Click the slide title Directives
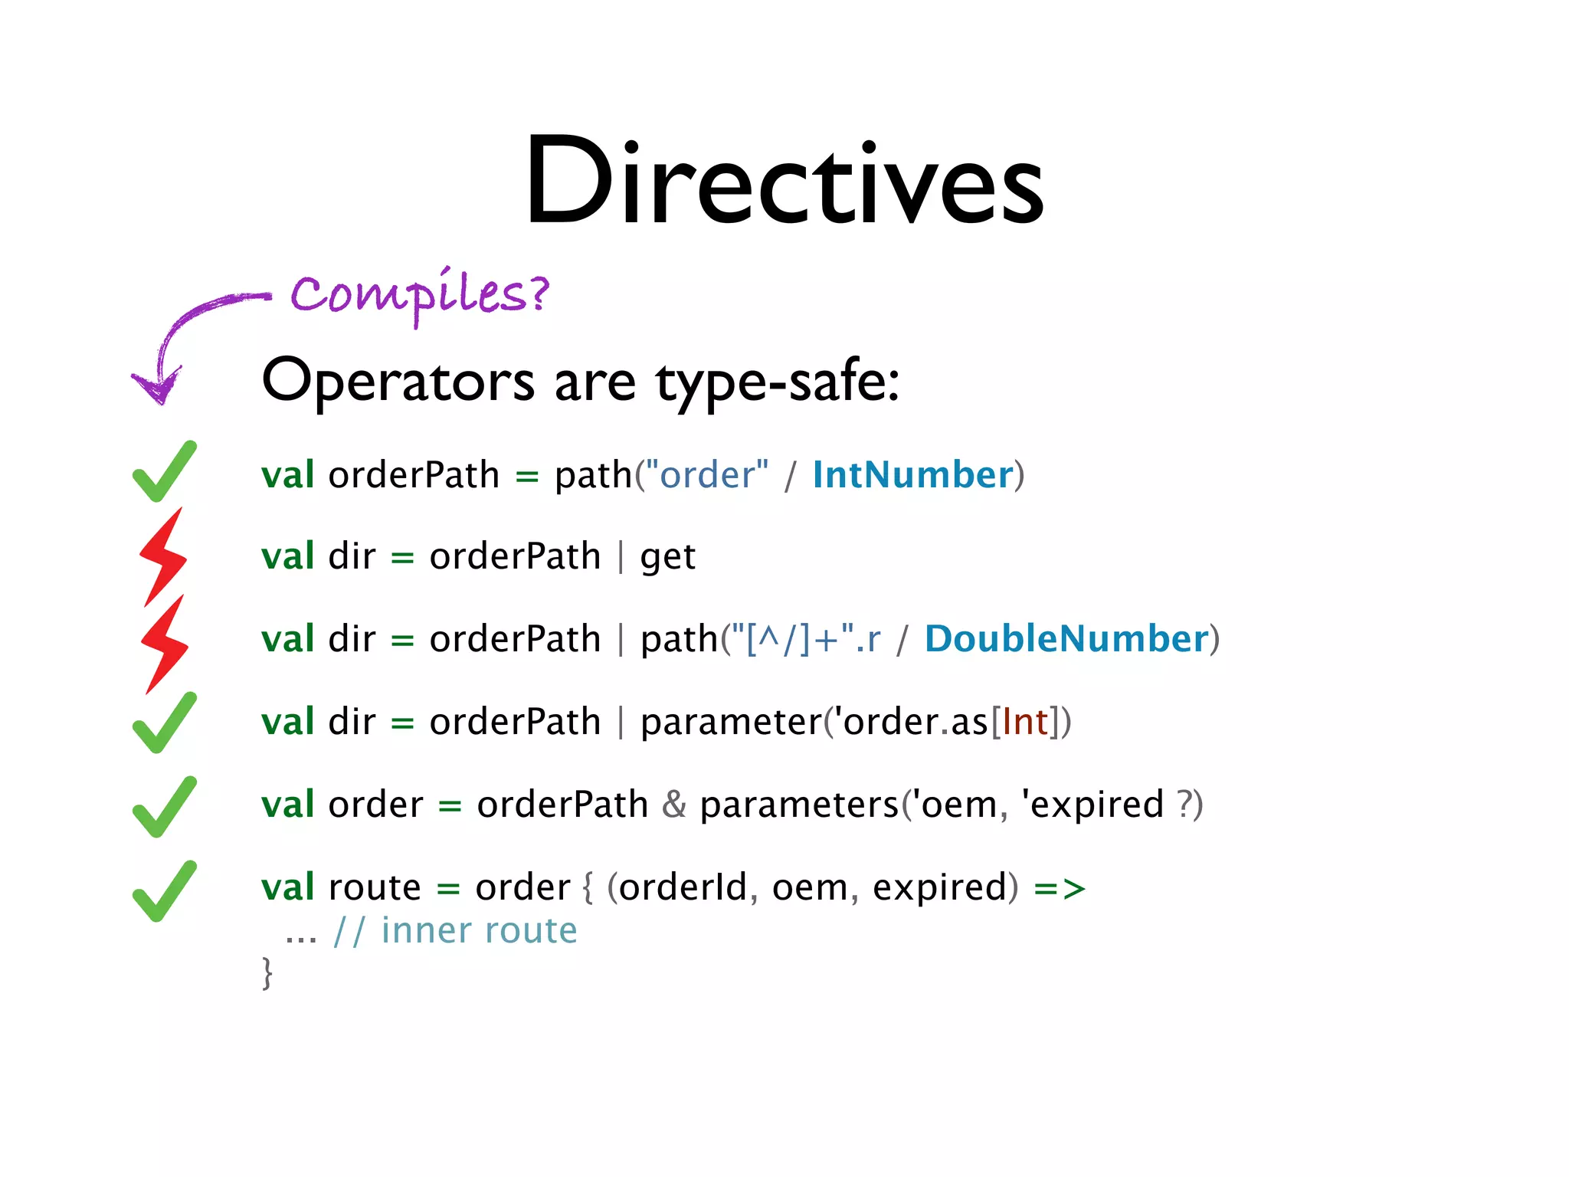point(784,182)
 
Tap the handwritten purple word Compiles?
point(420,294)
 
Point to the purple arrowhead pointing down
point(157,387)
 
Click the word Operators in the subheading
point(398,381)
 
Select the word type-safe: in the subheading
point(777,382)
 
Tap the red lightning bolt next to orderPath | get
point(163,556)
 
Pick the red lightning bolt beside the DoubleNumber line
point(165,644)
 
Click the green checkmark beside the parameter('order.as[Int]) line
point(164,723)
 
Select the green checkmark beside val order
point(164,807)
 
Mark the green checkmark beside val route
point(164,891)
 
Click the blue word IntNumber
point(912,475)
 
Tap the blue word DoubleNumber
point(1066,639)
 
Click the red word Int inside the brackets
point(1024,722)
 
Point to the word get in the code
point(667,558)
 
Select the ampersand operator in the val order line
point(673,805)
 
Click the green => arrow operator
point(1060,888)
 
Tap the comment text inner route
point(479,931)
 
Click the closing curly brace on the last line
point(267,973)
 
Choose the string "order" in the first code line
point(707,475)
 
